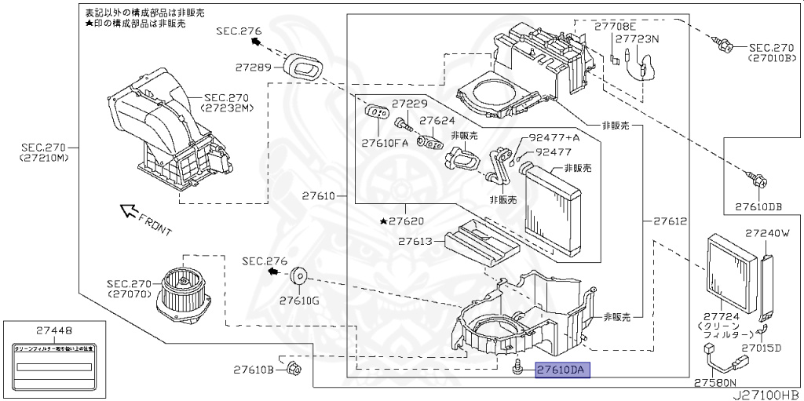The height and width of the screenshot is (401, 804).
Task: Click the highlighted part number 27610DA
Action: tap(561, 370)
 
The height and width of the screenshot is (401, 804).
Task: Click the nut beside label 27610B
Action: tap(294, 368)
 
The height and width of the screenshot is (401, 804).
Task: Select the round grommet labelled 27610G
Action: tap(299, 277)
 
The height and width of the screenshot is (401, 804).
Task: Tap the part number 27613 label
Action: tap(415, 242)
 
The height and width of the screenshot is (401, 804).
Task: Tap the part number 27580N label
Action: tap(714, 383)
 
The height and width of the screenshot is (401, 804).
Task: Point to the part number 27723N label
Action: tap(637, 38)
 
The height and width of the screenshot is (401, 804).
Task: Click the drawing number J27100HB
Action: tap(766, 394)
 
